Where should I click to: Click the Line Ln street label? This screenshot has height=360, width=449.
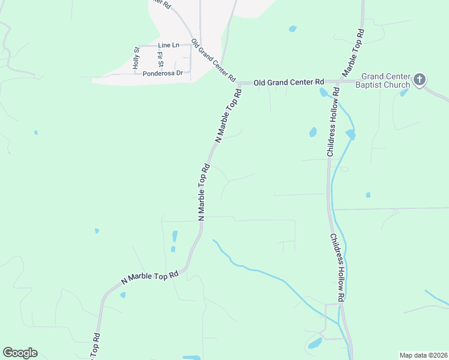(169, 46)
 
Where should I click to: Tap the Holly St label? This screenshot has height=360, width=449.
(137, 58)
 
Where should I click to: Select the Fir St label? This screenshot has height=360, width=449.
(160, 59)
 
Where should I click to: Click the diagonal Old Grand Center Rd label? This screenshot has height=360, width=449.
(213, 61)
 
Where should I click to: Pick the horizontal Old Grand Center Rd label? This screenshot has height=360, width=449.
(289, 82)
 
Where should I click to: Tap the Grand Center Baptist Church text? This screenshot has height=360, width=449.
(385, 81)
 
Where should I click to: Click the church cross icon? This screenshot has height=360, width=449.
(420, 79)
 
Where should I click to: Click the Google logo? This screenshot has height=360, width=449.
(20, 353)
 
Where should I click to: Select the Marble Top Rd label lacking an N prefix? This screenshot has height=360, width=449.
(353, 52)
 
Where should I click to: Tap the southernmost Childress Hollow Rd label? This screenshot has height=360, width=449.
(337, 268)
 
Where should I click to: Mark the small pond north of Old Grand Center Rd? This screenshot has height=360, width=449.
(292, 29)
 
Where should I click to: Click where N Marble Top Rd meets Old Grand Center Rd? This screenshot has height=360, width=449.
(240, 82)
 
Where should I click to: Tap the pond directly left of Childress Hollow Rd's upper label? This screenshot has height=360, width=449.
(313, 132)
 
